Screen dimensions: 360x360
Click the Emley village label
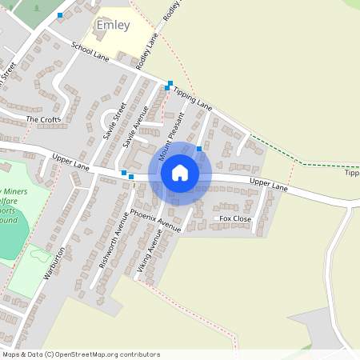[112, 25]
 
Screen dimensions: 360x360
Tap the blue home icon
[180, 172]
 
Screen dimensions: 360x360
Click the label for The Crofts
[43, 119]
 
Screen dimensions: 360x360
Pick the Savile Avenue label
[131, 126]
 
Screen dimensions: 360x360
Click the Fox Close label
[235, 218]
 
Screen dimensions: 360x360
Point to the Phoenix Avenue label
[157, 219]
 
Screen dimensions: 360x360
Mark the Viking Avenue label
[150, 251]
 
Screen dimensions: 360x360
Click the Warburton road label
[54, 262]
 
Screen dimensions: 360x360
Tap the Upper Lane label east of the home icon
[268, 184]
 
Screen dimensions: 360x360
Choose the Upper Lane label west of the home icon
[70, 162]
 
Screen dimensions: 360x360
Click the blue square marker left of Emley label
[60, 15]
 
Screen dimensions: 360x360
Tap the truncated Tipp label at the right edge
[351, 173]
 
